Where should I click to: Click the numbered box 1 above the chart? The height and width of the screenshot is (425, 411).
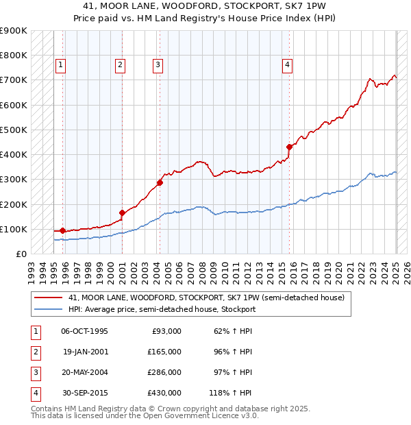pos(61,65)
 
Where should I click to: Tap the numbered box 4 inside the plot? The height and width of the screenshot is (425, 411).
pos(288,65)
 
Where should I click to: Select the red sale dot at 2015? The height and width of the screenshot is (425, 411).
pos(290,147)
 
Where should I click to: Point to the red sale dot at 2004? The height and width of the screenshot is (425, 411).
pos(160,182)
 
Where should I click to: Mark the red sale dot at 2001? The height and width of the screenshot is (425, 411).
pos(122,212)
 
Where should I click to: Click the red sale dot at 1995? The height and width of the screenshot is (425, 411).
pos(62,230)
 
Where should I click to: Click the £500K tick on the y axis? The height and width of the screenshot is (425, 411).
pos(14,130)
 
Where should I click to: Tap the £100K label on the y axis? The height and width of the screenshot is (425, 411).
pos(14,229)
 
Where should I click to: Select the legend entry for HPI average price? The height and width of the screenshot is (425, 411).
pos(162,309)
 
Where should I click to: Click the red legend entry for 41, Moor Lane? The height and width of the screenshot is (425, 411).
pos(201,297)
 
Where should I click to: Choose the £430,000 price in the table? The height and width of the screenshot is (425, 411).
pos(165,393)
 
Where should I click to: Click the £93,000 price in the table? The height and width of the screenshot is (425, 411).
pos(167,331)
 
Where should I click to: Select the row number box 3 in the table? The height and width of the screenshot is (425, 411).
pos(35,372)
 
